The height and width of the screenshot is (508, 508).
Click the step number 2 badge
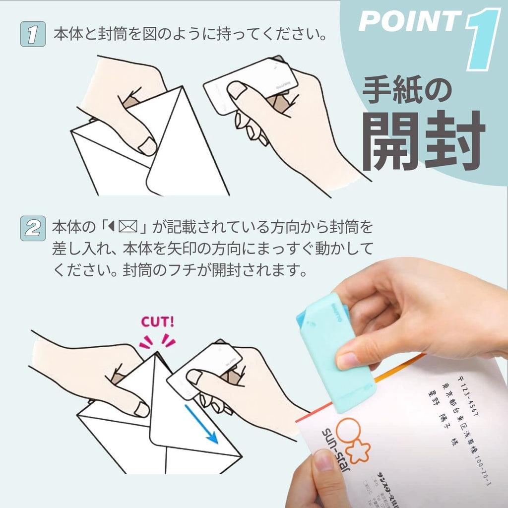pos(33,229)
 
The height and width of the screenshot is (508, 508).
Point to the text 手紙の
pos(407,91)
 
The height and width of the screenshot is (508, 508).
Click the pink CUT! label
pos(158,321)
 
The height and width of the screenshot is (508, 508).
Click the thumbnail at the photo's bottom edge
pos(324,461)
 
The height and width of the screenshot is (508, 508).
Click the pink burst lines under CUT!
pos(157,341)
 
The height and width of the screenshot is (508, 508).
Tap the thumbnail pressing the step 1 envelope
pos(148,146)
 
